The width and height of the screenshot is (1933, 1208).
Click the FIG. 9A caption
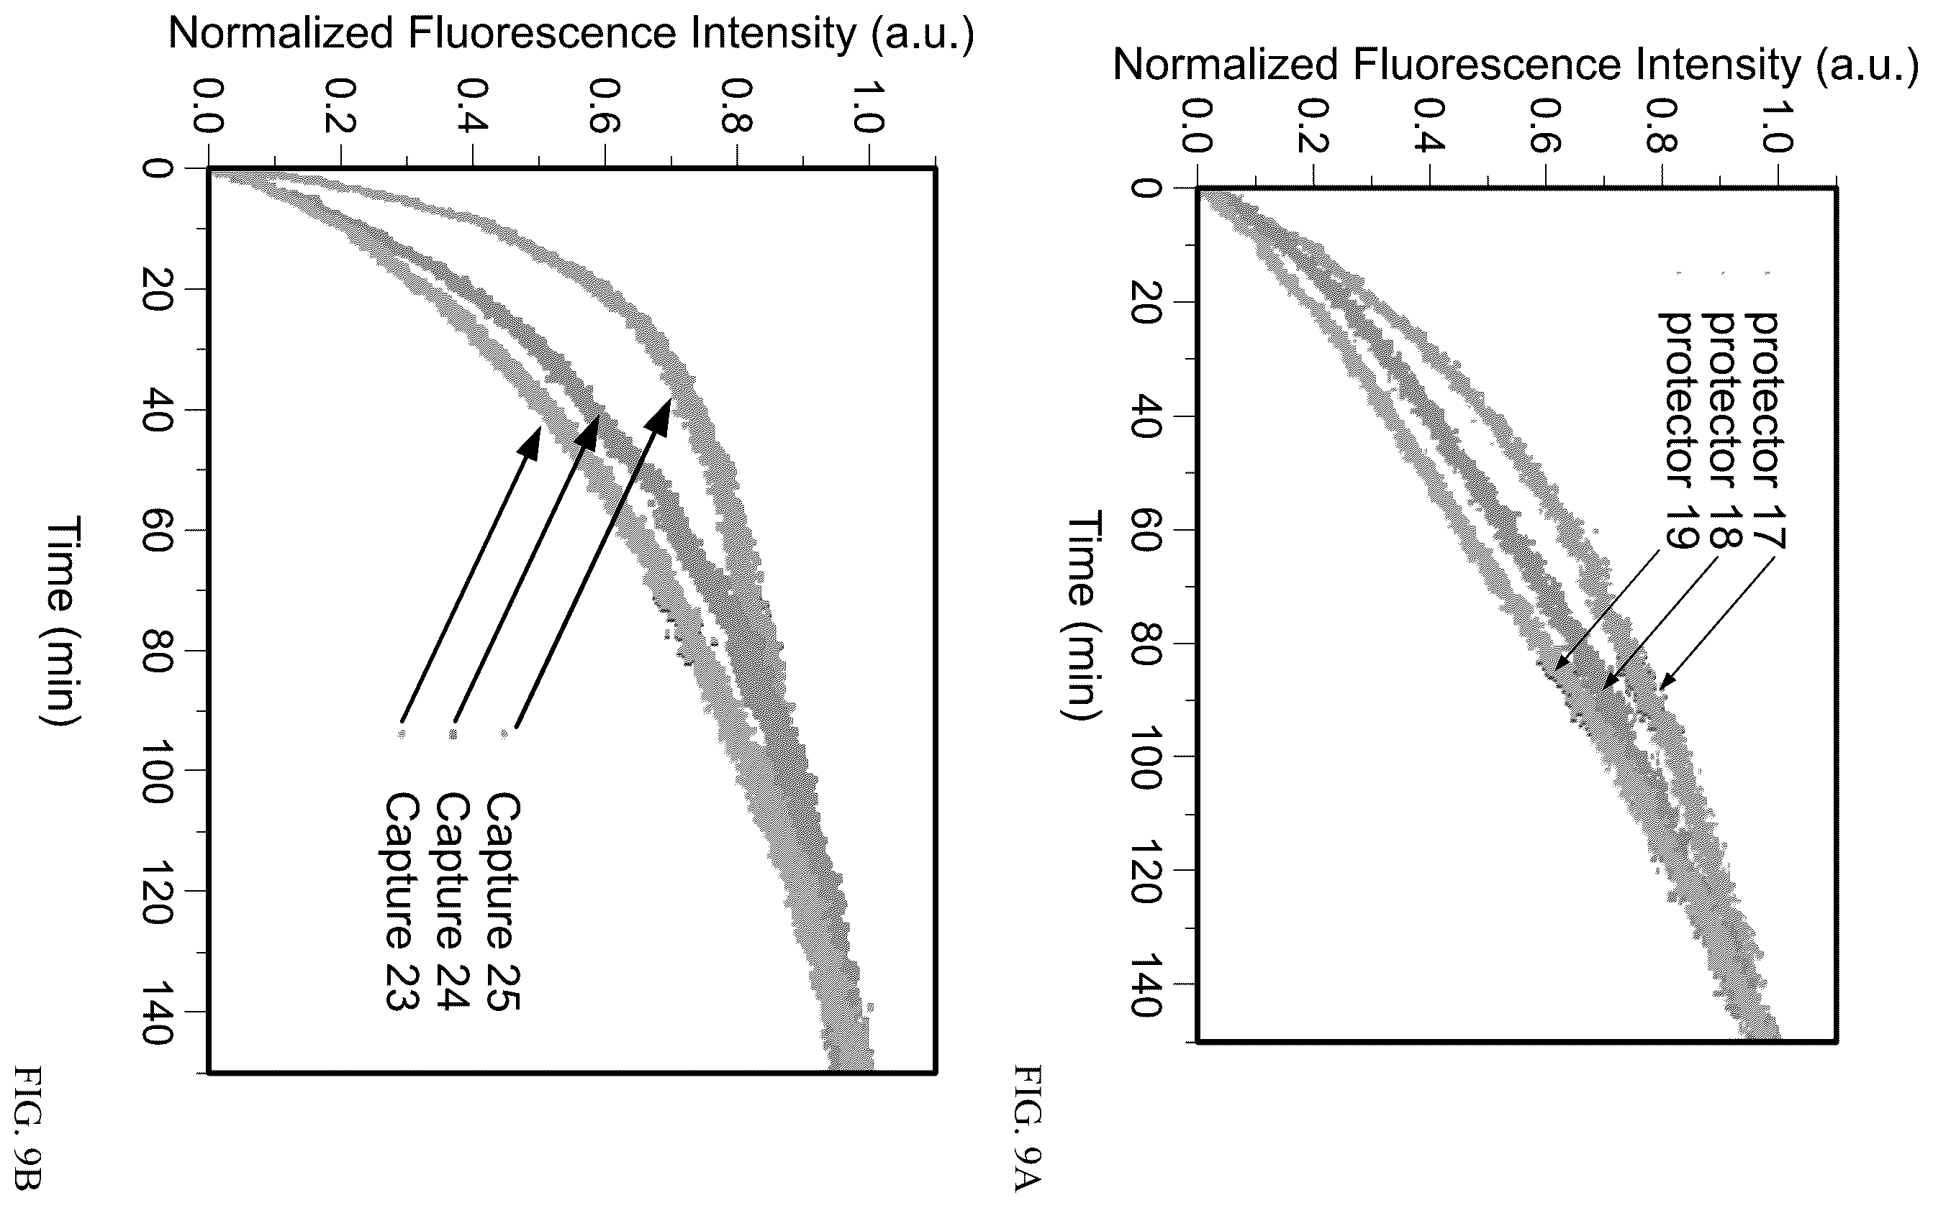(1028, 1127)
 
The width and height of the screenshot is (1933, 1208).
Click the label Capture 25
(503, 902)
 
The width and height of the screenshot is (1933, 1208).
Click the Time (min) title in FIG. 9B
(60, 621)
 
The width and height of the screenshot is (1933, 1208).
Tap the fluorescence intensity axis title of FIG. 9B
(571, 34)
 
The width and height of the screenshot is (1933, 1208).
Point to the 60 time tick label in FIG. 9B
(157, 531)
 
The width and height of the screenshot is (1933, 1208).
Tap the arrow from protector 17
(1716, 623)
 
